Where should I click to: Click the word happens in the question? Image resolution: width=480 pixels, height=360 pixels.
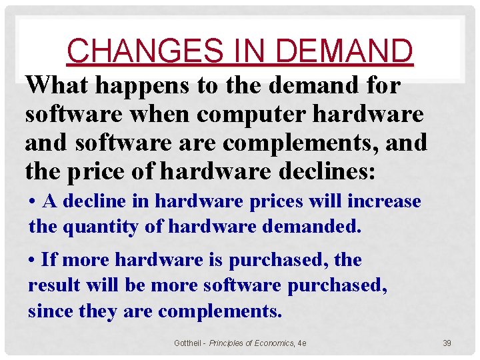[x=136, y=85]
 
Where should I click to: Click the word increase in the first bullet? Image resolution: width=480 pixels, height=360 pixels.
[x=387, y=201]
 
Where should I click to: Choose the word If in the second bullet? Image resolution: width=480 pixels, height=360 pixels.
[x=48, y=260]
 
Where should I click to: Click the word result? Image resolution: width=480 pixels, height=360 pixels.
[x=53, y=285]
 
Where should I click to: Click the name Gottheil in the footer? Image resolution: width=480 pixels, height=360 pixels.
[x=188, y=343]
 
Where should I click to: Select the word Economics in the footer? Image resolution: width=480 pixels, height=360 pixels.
[x=271, y=343]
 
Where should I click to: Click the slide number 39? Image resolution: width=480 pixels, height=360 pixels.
[x=447, y=343]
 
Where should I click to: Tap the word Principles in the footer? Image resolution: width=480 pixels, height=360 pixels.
[x=226, y=343]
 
